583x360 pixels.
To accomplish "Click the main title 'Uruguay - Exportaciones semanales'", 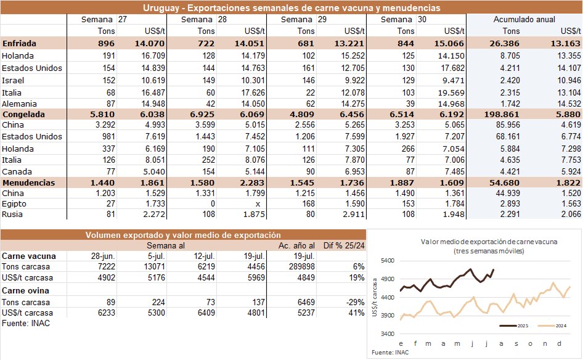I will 291,8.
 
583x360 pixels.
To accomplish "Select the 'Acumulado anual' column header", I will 524,20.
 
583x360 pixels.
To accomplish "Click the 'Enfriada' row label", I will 19,44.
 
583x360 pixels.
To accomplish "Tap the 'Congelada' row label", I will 25,115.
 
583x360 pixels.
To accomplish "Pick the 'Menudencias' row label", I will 28,183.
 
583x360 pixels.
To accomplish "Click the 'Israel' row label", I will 13,80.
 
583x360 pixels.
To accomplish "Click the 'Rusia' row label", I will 13,215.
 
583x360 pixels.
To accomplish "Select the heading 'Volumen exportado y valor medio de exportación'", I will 183,235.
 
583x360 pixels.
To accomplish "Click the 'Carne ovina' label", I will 26,290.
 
